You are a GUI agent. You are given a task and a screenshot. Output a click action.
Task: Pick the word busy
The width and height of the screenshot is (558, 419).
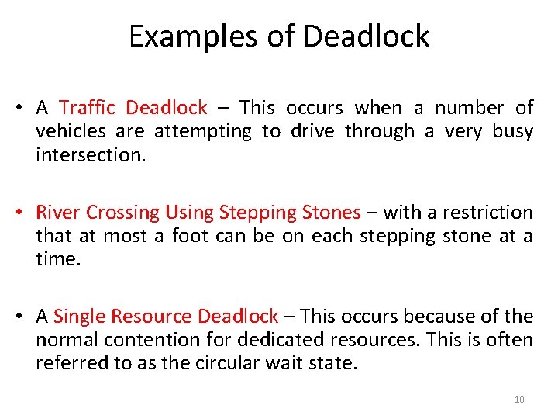point(512,131)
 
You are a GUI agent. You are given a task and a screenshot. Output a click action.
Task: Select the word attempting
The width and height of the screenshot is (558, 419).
point(203,131)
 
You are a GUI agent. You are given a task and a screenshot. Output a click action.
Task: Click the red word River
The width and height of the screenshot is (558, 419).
point(59,212)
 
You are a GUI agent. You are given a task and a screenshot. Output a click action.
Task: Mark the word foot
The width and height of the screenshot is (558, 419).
point(190,235)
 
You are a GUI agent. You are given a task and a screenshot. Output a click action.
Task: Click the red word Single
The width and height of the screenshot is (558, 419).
point(80,316)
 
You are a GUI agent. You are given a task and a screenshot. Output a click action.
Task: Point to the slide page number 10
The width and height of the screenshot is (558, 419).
point(519,400)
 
